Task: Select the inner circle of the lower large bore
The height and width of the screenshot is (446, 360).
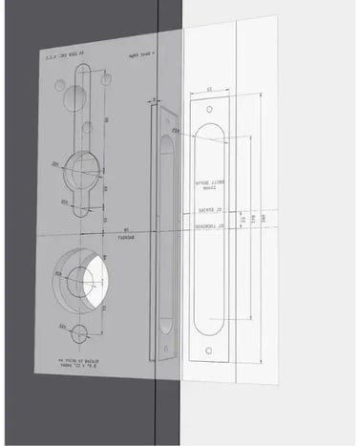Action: click(x=76, y=282)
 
